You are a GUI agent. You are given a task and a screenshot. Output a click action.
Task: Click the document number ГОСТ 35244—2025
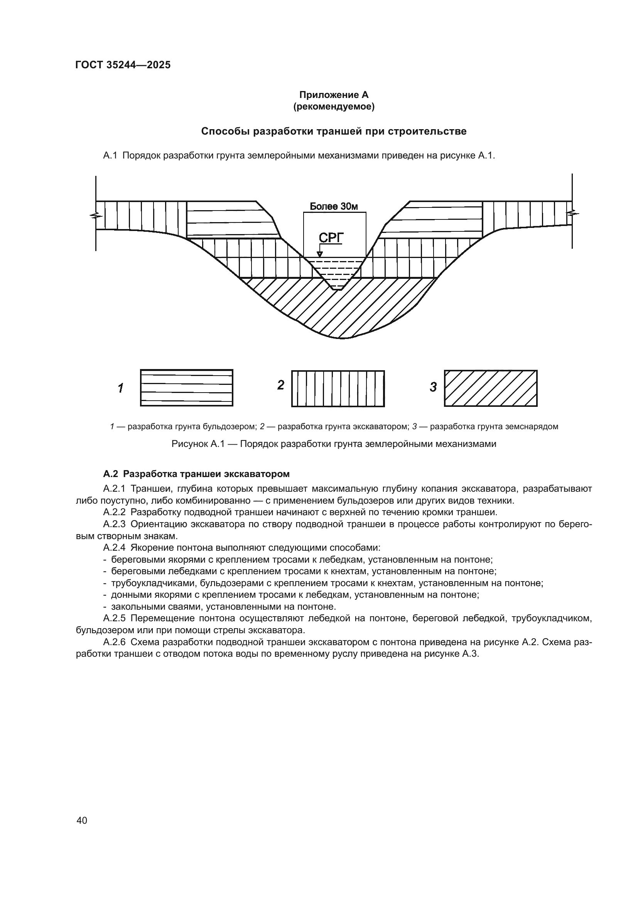click(x=123, y=65)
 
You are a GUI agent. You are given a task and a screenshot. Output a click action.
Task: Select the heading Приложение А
click(x=334, y=95)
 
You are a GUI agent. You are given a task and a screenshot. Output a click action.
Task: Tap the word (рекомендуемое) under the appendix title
click(x=334, y=107)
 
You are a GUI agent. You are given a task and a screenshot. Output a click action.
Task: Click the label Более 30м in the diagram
click(x=334, y=207)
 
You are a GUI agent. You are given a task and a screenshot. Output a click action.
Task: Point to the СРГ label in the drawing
click(x=331, y=238)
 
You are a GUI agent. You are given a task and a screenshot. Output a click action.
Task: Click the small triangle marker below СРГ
click(x=320, y=254)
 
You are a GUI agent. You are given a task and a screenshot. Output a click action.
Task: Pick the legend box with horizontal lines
click(x=187, y=388)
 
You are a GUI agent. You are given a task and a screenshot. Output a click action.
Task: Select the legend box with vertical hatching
click(x=338, y=389)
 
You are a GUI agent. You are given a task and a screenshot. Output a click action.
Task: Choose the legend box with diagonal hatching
click(x=491, y=388)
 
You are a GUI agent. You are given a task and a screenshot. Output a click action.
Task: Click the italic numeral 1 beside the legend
click(x=121, y=388)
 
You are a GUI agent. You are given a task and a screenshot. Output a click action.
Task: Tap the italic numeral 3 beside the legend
click(x=433, y=387)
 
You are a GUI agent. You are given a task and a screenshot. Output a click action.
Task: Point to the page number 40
click(x=82, y=820)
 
